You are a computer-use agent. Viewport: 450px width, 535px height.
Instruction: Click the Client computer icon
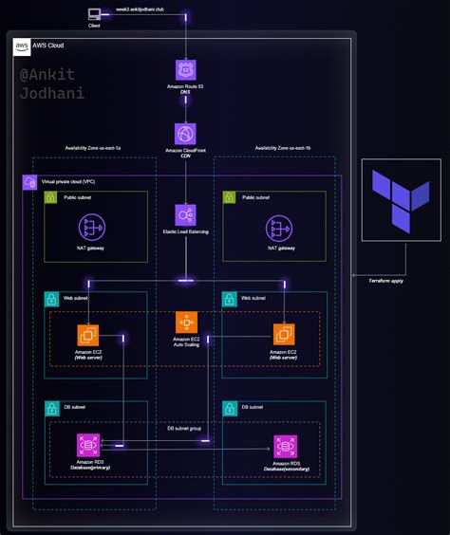click(x=94, y=14)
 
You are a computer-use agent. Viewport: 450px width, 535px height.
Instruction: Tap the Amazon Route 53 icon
click(x=185, y=69)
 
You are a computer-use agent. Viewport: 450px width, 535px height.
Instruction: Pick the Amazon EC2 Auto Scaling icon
click(x=185, y=323)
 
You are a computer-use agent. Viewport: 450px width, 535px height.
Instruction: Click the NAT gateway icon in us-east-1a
click(x=91, y=228)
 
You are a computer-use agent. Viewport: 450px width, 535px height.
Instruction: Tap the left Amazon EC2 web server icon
click(x=88, y=335)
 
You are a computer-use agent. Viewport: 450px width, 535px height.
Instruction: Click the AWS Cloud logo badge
click(x=22, y=45)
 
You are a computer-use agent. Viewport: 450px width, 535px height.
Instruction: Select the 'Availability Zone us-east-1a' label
click(x=92, y=149)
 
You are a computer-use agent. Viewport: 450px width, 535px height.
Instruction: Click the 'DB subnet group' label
click(x=184, y=429)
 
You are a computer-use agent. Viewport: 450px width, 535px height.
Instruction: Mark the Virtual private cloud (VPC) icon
click(x=29, y=181)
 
